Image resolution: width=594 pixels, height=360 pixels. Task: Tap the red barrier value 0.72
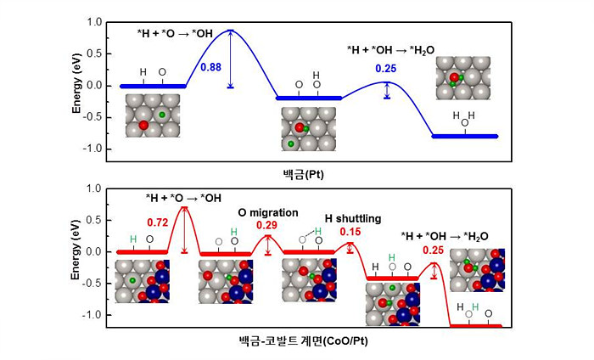coord(159,222)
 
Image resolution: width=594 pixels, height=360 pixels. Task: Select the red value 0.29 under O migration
coord(268,225)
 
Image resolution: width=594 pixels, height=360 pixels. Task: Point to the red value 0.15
coord(350,231)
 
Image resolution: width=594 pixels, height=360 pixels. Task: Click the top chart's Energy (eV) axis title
coord(76,87)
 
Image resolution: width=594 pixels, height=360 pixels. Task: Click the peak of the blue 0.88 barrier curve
coord(231,31)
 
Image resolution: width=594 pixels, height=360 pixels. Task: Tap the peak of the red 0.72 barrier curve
coord(184,207)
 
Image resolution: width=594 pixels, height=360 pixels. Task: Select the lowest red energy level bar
coord(475,326)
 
